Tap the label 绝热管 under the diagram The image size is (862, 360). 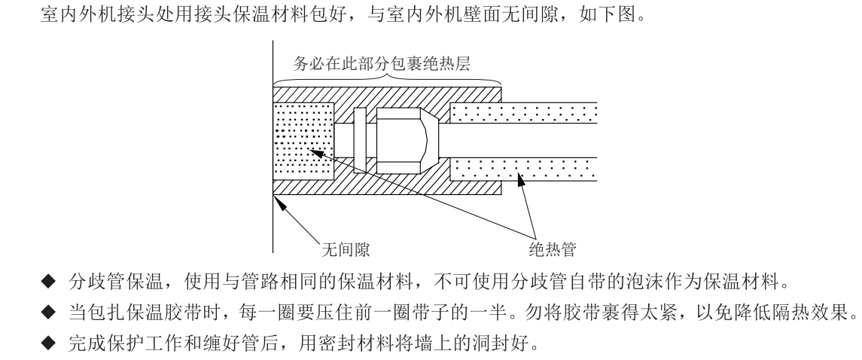click(x=553, y=246)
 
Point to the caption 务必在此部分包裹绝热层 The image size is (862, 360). click(x=382, y=64)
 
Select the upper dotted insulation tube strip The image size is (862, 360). click(x=524, y=113)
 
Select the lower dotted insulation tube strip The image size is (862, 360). click(x=524, y=168)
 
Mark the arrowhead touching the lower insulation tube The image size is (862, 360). click(x=519, y=178)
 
